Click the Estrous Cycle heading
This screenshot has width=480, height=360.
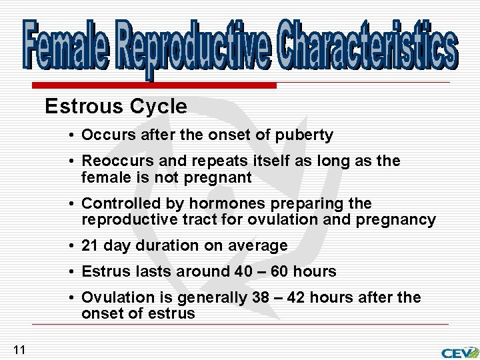coord(116,106)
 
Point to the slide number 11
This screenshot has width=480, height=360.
coord(19,349)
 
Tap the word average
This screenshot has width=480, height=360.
coord(257,246)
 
